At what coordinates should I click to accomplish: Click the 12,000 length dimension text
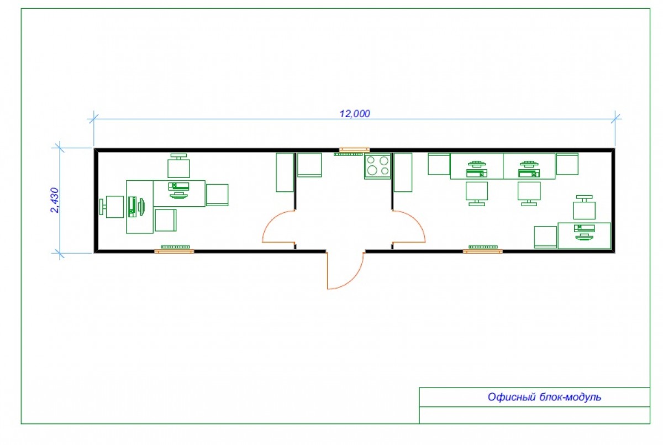(355, 114)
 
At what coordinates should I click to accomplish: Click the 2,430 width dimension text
(55, 200)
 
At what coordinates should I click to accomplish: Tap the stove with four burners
(377, 166)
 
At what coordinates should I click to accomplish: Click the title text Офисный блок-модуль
(544, 397)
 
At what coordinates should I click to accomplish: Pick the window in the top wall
(354, 150)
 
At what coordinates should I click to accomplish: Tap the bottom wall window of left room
(175, 252)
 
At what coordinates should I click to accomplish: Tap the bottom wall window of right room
(483, 252)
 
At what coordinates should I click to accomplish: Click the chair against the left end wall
(112, 207)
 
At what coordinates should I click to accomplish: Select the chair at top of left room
(179, 165)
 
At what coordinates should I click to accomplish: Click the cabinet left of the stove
(309, 165)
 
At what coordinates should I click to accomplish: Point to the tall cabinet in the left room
(285, 172)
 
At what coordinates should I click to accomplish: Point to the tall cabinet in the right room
(403, 172)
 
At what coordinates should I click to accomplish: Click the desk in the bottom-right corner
(585, 235)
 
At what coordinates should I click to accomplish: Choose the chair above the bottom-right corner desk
(585, 207)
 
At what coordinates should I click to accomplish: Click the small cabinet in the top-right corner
(567, 164)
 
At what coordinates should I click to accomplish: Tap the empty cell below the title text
(534, 415)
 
